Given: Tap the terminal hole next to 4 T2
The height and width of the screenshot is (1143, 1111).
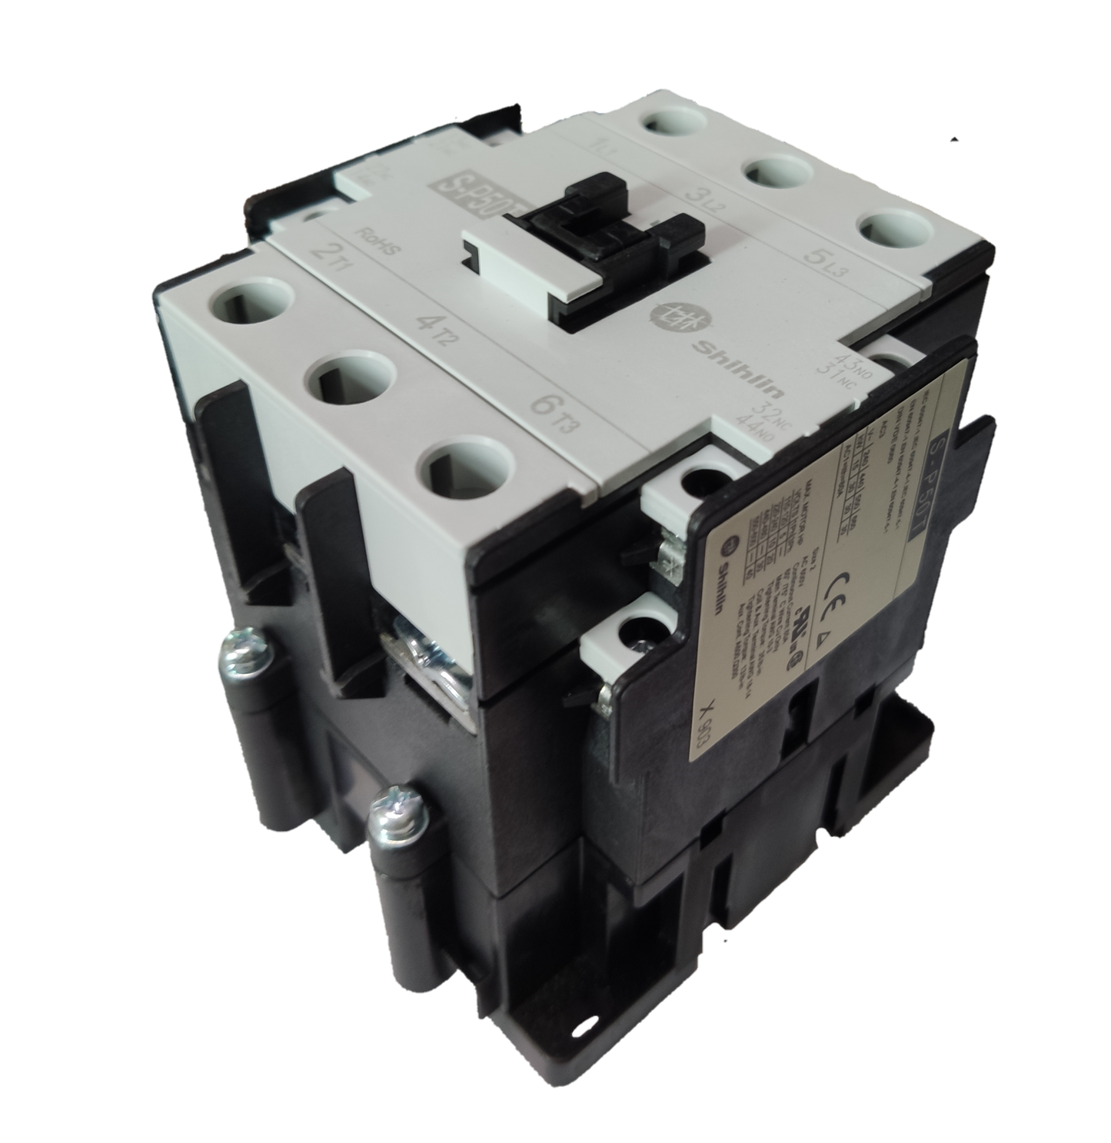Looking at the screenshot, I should point(353,378).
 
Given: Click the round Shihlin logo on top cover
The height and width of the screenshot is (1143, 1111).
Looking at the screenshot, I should point(667,314).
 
